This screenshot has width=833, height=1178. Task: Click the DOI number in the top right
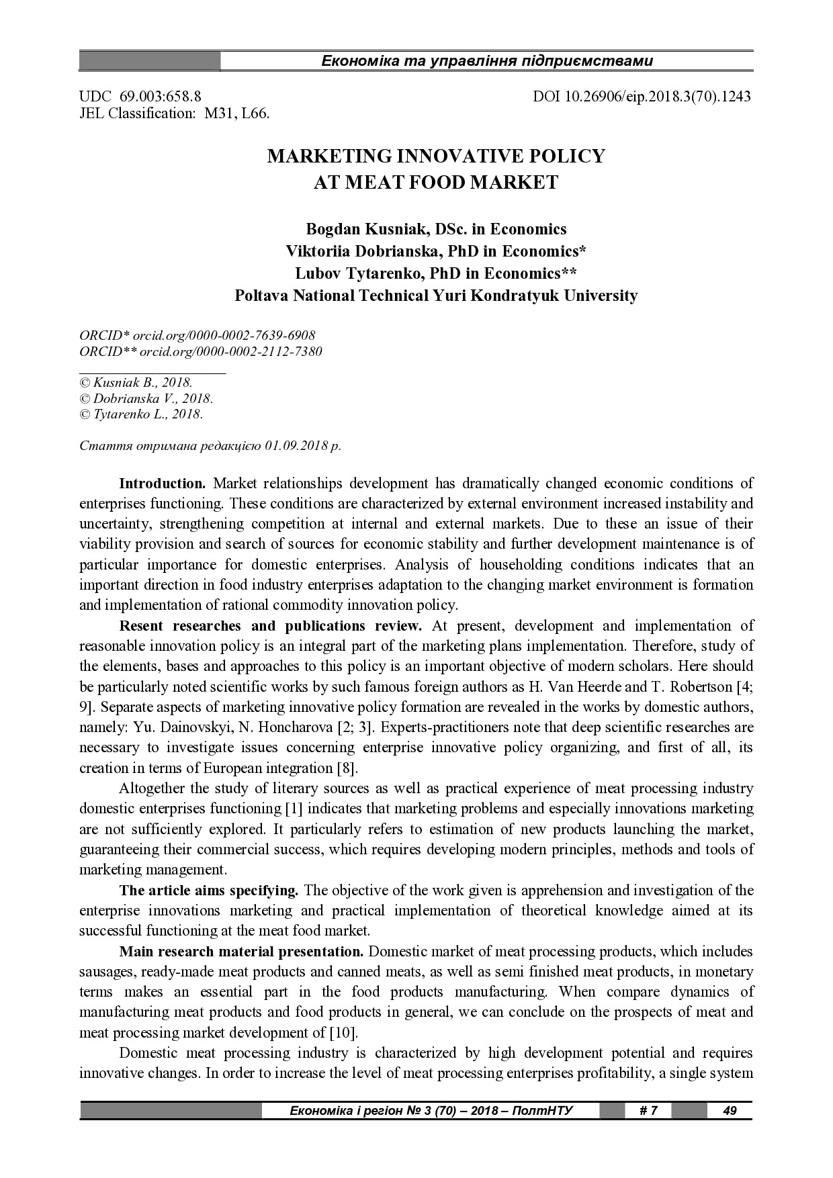pos(642,96)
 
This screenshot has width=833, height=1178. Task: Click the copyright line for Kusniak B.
pos(136,382)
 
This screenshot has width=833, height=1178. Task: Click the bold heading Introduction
pos(162,484)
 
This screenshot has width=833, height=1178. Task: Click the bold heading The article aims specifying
pos(208,891)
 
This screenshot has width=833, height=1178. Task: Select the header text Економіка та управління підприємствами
pos(487,61)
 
